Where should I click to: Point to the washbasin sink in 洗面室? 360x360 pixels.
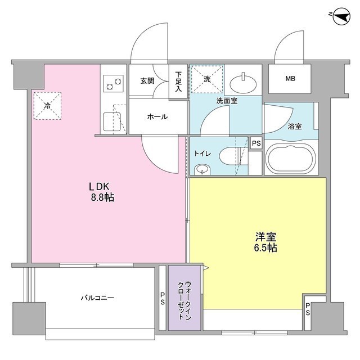tap(245, 83)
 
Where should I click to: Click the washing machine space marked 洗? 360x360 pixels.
tap(206, 79)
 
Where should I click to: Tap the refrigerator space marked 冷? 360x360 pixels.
tap(47, 105)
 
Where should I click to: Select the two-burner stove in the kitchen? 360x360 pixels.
tap(113, 85)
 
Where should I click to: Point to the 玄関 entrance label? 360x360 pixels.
tap(147, 81)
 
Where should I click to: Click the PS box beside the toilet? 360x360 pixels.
tap(256, 144)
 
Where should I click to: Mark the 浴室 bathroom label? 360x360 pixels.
tap(294, 126)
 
